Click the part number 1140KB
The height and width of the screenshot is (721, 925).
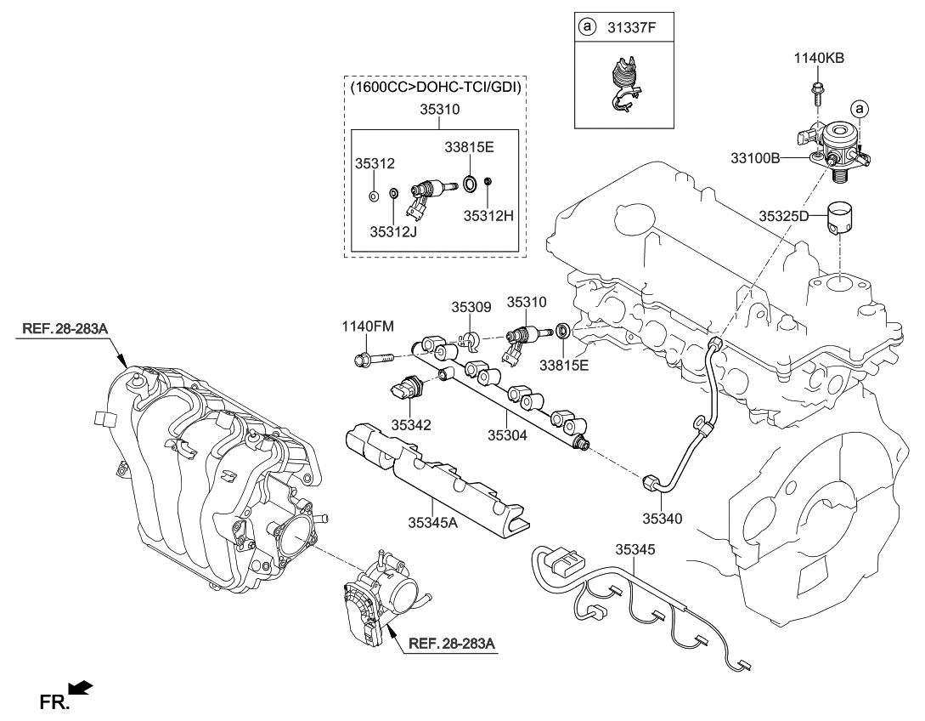point(819,58)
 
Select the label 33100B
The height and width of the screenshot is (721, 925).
point(755,158)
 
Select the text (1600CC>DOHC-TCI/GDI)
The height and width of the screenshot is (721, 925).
point(434,87)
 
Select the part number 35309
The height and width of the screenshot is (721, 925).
point(471,309)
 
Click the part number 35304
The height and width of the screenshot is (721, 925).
point(508,434)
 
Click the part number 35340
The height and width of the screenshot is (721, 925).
point(663,518)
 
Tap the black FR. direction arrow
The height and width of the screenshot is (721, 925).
point(82,687)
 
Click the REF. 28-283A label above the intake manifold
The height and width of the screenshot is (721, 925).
point(59,327)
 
